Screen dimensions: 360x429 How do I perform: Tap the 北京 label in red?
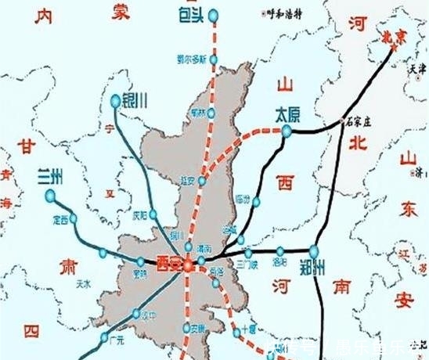[x=391, y=36]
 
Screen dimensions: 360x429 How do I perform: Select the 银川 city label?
[x=133, y=100]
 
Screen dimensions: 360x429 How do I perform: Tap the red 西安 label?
[x=168, y=262]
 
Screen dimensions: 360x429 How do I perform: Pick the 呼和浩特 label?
[x=283, y=13]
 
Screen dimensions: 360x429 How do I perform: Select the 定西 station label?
[x=60, y=220]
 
